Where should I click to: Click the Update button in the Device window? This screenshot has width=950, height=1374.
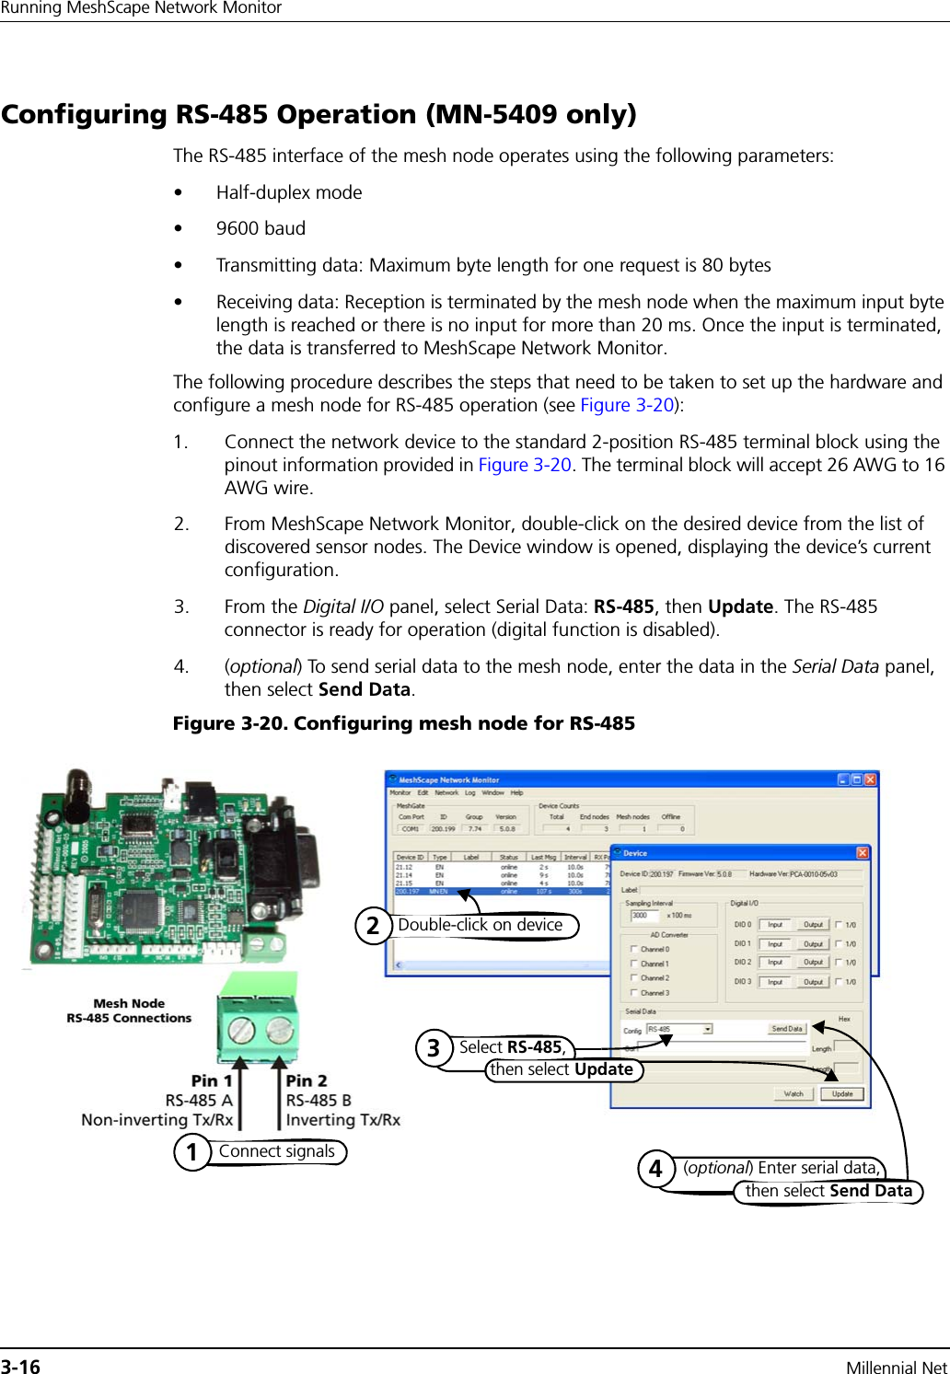pos(842,1094)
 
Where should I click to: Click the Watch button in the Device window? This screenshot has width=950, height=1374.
pos(794,1094)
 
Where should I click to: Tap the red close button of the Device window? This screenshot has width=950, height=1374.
pos(863,853)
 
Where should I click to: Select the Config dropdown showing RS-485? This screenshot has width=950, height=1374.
pos(679,1029)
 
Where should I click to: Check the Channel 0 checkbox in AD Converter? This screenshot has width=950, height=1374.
pos(634,949)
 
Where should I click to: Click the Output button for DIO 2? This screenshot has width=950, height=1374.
pos(813,963)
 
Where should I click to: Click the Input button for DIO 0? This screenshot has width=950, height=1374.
pos(775,925)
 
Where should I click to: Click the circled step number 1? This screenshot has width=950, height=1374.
pos(192,1152)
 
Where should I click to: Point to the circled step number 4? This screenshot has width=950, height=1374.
pos(655,1169)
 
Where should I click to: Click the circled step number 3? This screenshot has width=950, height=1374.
pos(433,1048)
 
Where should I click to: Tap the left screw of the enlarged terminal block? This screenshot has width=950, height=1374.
pos(241,1028)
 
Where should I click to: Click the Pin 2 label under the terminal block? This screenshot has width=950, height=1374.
pos(307,1080)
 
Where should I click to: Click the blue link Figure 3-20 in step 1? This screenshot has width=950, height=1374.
pos(525,465)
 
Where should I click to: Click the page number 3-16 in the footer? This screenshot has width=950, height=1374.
pos(21,1367)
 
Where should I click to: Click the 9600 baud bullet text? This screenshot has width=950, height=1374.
pos(261,228)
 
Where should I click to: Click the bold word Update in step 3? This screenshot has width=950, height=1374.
pos(740,606)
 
